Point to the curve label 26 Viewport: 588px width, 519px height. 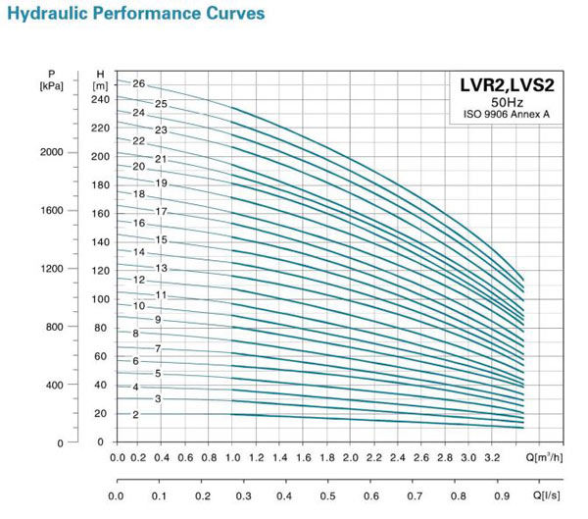138,84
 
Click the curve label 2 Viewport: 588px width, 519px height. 135,415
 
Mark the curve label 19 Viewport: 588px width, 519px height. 161,183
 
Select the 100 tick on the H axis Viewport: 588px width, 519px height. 102,299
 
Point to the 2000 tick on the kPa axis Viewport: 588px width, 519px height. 52,152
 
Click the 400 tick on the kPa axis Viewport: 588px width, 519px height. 55,385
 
